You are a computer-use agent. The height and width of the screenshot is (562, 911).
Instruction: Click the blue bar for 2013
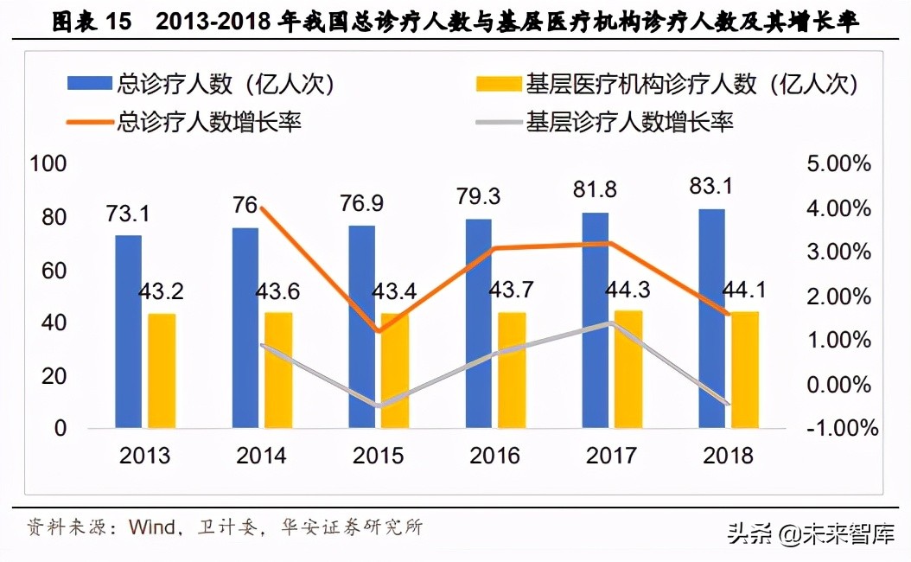pyautogui.click(x=129, y=331)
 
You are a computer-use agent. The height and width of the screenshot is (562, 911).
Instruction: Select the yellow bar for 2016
pyautogui.click(x=511, y=369)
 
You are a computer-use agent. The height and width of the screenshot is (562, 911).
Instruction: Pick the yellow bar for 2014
pyautogui.click(x=278, y=369)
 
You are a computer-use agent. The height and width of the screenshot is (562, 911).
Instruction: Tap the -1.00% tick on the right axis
pyautogui.click(x=837, y=428)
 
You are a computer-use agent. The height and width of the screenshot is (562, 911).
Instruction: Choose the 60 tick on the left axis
pyautogui.click(x=53, y=271)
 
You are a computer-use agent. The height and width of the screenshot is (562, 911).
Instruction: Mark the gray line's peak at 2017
pyautogui.click(x=612, y=323)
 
